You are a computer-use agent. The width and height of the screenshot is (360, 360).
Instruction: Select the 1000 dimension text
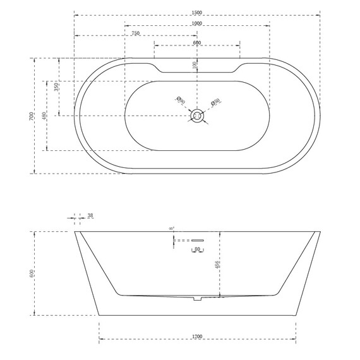tap(197, 23)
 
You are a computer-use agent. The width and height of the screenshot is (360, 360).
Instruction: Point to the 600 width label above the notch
tap(197, 43)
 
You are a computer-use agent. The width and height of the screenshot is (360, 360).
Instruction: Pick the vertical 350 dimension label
tap(56, 87)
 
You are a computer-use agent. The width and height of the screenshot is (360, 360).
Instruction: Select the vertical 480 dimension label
tap(44, 116)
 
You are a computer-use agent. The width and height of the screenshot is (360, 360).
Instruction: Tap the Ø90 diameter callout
tap(180, 100)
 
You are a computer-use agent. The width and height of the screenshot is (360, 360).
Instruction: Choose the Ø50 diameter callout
tap(215, 101)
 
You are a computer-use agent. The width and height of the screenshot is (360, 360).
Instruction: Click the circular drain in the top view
tap(198, 116)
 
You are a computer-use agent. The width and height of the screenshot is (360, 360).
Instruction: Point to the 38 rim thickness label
tap(90, 216)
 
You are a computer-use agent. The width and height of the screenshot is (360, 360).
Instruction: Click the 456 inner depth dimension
tap(217, 266)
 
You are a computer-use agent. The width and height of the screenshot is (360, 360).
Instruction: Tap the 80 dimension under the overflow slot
tap(198, 249)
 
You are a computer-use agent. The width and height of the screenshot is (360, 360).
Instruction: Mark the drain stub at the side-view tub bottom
tap(198, 299)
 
